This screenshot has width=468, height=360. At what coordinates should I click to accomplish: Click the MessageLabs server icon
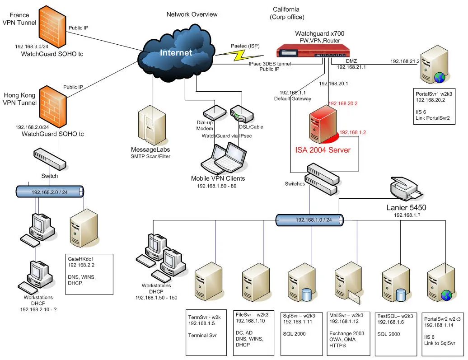[x=150, y=125]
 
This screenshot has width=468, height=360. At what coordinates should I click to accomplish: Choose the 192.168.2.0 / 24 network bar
[x=50, y=192]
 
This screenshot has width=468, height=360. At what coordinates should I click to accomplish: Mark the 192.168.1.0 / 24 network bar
[x=310, y=220]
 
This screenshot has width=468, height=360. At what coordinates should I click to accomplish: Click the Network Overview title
[x=192, y=14]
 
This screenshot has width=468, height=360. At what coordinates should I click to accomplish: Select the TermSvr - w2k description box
[x=206, y=332]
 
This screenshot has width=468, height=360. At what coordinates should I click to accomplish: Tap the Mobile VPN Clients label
[x=218, y=179]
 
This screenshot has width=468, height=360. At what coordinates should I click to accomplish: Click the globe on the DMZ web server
[x=440, y=78]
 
